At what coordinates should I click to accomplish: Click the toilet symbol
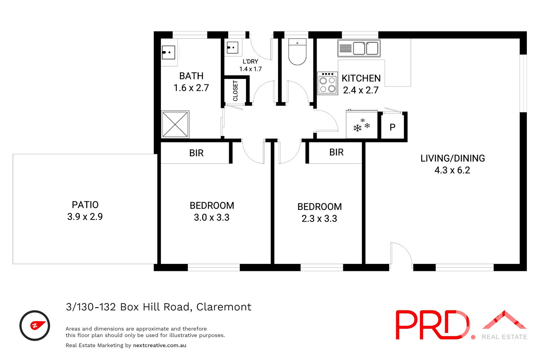297,52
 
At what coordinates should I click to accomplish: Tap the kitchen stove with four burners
327,83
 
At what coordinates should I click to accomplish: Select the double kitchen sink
359,48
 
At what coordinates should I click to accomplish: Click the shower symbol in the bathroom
175,124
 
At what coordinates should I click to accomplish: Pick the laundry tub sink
233,48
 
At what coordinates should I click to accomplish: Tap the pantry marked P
393,127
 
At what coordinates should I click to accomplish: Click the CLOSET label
235,91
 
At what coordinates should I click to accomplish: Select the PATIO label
85,205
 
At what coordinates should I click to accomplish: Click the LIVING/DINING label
453,158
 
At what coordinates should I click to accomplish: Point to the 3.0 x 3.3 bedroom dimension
212,218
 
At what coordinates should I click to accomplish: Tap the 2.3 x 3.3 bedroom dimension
319,219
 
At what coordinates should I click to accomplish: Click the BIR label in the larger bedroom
196,153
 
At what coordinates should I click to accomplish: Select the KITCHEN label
361,78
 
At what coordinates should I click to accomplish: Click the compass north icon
35,326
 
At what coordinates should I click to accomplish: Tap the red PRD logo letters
432,325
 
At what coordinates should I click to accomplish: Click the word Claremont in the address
224,307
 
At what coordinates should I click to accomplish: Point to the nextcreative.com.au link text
160,345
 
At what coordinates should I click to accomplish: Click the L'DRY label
250,61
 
